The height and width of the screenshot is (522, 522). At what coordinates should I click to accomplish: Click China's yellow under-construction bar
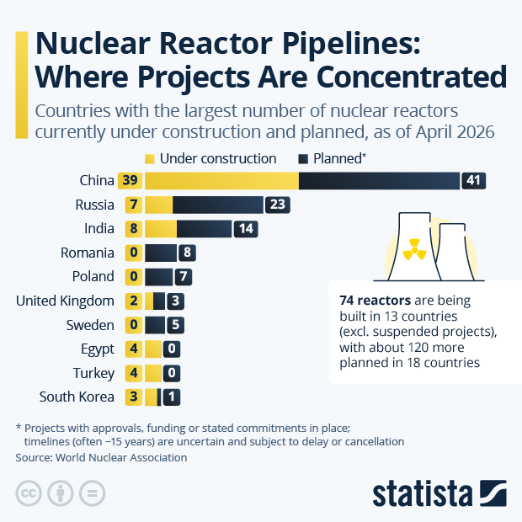[221, 181]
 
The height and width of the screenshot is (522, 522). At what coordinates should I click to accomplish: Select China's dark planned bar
[379, 181]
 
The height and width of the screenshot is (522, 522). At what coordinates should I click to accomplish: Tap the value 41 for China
[474, 181]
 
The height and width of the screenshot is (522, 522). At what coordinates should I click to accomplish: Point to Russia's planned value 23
[277, 205]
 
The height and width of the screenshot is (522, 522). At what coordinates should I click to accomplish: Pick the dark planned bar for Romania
[160, 253]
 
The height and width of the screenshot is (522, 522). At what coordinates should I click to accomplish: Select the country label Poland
[93, 277]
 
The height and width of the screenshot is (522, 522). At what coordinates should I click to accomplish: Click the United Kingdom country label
[65, 301]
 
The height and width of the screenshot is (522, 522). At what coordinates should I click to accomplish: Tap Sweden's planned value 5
[175, 325]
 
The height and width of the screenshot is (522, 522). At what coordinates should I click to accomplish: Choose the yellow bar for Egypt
[152, 349]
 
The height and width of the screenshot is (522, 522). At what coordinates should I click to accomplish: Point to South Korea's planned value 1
[170, 397]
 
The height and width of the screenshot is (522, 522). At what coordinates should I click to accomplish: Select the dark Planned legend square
[302, 158]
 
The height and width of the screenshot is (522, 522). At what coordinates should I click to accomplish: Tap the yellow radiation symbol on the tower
[413, 249]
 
